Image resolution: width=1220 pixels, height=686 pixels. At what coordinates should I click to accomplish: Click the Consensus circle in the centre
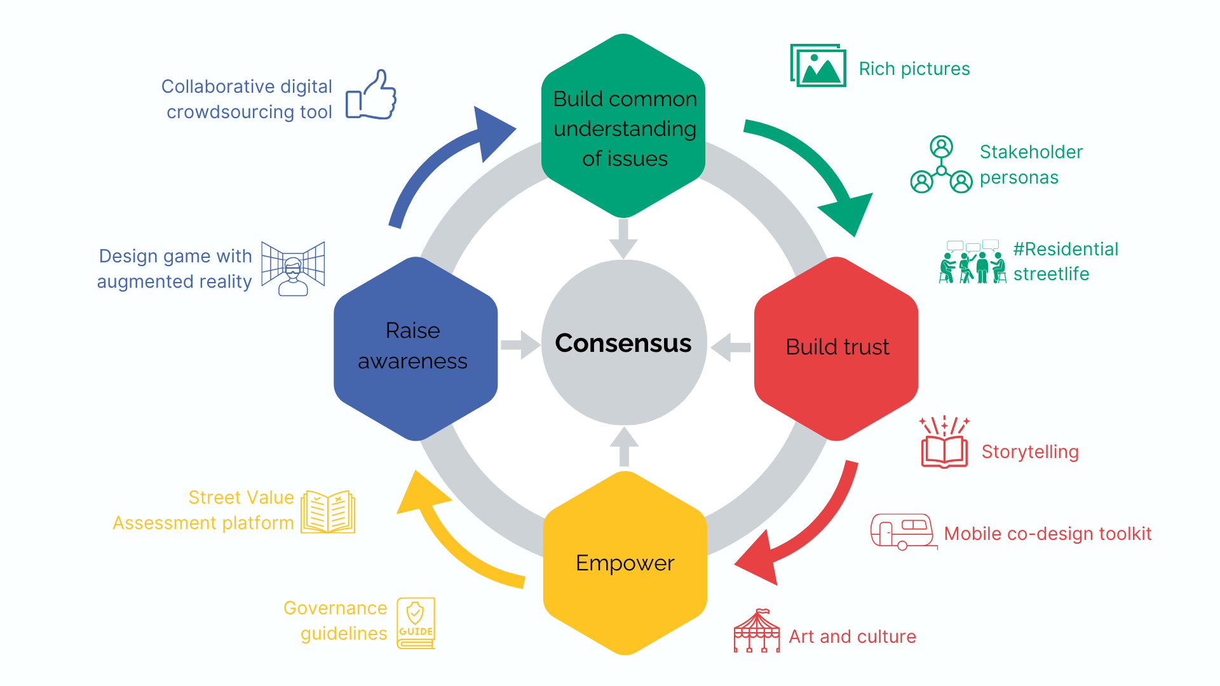(623, 342)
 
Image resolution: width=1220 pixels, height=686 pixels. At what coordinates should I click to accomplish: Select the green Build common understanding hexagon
(623, 127)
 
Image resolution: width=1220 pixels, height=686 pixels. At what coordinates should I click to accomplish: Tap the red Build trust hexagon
(836, 348)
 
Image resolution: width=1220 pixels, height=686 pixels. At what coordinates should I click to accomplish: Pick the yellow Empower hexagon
(625, 563)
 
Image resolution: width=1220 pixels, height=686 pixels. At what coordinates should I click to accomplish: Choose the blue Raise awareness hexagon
(415, 348)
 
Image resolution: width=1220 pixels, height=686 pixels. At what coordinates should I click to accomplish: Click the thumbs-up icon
(372, 95)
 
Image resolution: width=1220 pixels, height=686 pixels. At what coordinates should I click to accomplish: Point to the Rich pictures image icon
(818, 65)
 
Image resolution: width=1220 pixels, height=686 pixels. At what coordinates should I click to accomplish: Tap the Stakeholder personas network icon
(941, 165)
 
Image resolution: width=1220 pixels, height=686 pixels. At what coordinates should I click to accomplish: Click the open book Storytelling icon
(944, 445)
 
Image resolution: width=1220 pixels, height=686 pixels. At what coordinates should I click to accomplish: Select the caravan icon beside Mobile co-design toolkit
(902, 532)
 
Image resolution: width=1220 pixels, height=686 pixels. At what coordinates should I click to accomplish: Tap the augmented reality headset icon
(293, 269)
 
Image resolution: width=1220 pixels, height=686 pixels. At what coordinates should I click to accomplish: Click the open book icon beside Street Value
(328, 511)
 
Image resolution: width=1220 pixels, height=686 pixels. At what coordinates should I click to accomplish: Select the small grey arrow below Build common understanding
(623, 238)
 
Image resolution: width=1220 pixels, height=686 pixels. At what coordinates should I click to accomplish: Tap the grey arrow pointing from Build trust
(730, 347)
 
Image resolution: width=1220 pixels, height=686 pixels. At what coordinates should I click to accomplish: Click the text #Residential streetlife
(1065, 261)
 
